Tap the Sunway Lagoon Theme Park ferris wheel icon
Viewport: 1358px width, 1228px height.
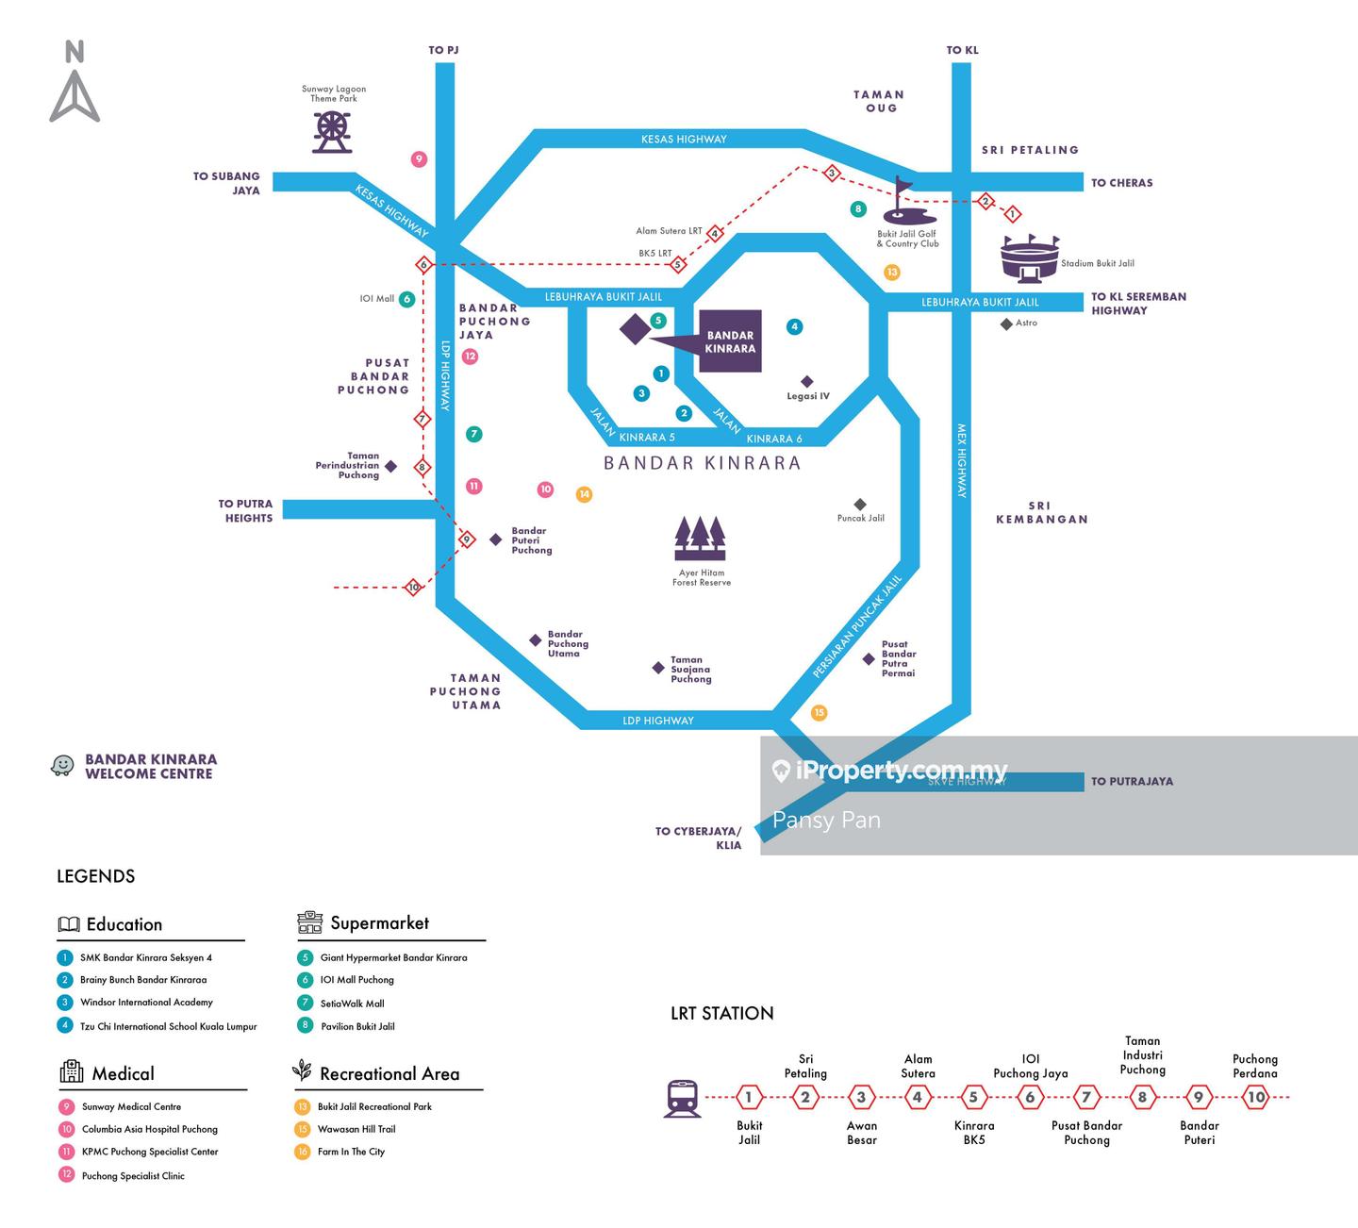pos(332,132)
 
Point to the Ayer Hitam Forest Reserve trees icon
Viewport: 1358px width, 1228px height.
pos(701,539)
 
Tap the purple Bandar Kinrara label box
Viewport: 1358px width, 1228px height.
pos(730,341)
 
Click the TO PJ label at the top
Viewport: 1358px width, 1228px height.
pos(443,50)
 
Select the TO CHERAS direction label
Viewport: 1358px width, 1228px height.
pos(1121,183)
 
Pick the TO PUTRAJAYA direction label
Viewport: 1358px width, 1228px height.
pos(1132,781)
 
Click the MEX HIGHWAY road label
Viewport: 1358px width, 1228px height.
pos(962,459)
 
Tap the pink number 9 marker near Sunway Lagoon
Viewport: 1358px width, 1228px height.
pos(419,159)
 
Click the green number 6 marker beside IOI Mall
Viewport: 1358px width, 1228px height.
pos(406,300)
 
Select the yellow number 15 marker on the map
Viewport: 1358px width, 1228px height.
pos(819,713)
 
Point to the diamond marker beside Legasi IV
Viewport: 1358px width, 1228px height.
pos(807,382)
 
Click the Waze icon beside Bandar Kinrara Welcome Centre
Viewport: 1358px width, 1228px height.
pos(62,766)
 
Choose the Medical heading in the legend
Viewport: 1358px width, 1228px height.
pos(123,1073)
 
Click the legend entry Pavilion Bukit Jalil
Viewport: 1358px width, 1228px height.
pos(357,1026)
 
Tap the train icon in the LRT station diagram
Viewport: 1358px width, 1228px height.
pos(683,1098)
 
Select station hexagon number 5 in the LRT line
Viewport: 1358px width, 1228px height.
pos(973,1097)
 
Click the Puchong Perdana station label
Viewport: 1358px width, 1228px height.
pos(1254,1066)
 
